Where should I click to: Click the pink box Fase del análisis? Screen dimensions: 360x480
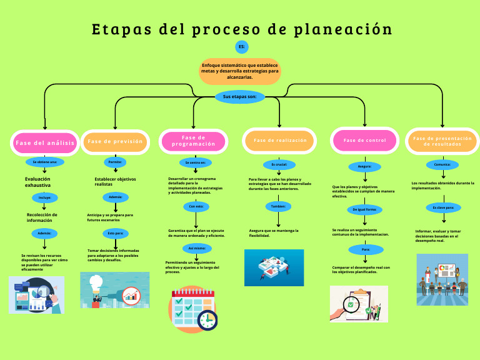coord(45,142)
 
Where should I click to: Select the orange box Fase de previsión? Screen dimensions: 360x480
coord(116,141)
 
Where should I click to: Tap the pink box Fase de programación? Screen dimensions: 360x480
coord(193,141)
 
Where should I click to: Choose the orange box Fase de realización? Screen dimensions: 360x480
coord(280,141)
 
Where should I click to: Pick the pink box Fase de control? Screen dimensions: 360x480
coord(364,141)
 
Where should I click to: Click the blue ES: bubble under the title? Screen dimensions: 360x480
coord(242,47)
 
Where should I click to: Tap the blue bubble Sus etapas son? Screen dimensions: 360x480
coord(240,97)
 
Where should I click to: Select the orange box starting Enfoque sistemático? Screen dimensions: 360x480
coord(240,71)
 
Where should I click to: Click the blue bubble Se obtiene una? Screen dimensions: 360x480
coord(45,162)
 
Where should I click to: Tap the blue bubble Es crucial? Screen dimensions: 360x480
coord(279,164)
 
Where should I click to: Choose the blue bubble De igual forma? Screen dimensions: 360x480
coord(365,209)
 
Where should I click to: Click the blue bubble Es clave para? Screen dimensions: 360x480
coord(443,207)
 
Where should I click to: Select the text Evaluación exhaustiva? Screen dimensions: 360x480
coord(38,182)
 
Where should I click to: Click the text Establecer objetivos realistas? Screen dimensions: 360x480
coord(115,181)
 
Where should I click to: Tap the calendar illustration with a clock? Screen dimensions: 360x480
coord(193,309)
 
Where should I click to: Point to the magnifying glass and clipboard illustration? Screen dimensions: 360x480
coord(358,304)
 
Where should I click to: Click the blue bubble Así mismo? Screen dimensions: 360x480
coord(196,248)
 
